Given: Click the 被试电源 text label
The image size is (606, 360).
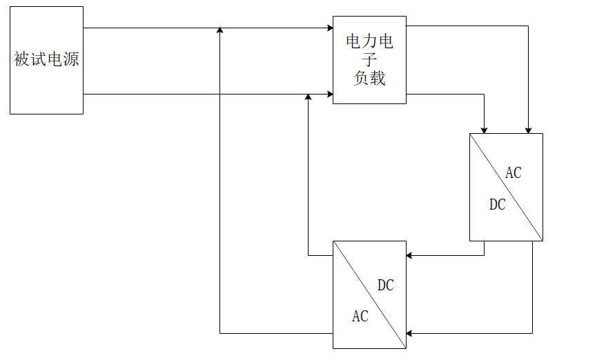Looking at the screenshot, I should [x=46, y=60].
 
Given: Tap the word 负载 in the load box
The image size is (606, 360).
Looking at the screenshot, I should [x=369, y=79].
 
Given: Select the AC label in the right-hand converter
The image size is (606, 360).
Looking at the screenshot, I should [x=514, y=173].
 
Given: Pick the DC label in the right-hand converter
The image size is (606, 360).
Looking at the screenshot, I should [x=497, y=205].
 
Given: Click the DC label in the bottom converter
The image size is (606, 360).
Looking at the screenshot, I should [x=386, y=286].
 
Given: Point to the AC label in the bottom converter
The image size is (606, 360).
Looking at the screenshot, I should [x=360, y=317].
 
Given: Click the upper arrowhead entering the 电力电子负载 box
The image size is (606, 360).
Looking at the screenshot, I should [x=330, y=28].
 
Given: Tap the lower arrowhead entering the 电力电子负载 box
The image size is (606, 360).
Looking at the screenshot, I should [x=330, y=94].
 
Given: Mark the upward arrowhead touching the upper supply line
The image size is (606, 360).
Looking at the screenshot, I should [x=219, y=31].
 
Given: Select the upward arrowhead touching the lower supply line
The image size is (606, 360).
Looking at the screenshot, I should [x=309, y=97].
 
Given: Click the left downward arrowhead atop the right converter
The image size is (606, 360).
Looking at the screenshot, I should [x=484, y=130].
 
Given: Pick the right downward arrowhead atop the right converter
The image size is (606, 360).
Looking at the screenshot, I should [x=529, y=130].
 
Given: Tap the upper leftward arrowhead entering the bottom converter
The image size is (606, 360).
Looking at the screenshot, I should [x=409, y=255].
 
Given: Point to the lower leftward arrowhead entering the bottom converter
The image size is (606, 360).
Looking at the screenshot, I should [x=409, y=333].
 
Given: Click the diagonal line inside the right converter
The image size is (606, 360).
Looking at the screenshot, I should [x=506, y=187].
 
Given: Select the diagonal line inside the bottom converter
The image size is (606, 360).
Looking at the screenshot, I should [x=369, y=294].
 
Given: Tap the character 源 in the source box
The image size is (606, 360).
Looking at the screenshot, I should [x=71, y=60].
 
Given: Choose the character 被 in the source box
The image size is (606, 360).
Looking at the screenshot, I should [x=21, y=60].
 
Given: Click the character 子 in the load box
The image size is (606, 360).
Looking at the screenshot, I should [x=369, y=60].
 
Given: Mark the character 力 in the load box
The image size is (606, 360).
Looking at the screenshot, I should [x=369, y=42].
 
